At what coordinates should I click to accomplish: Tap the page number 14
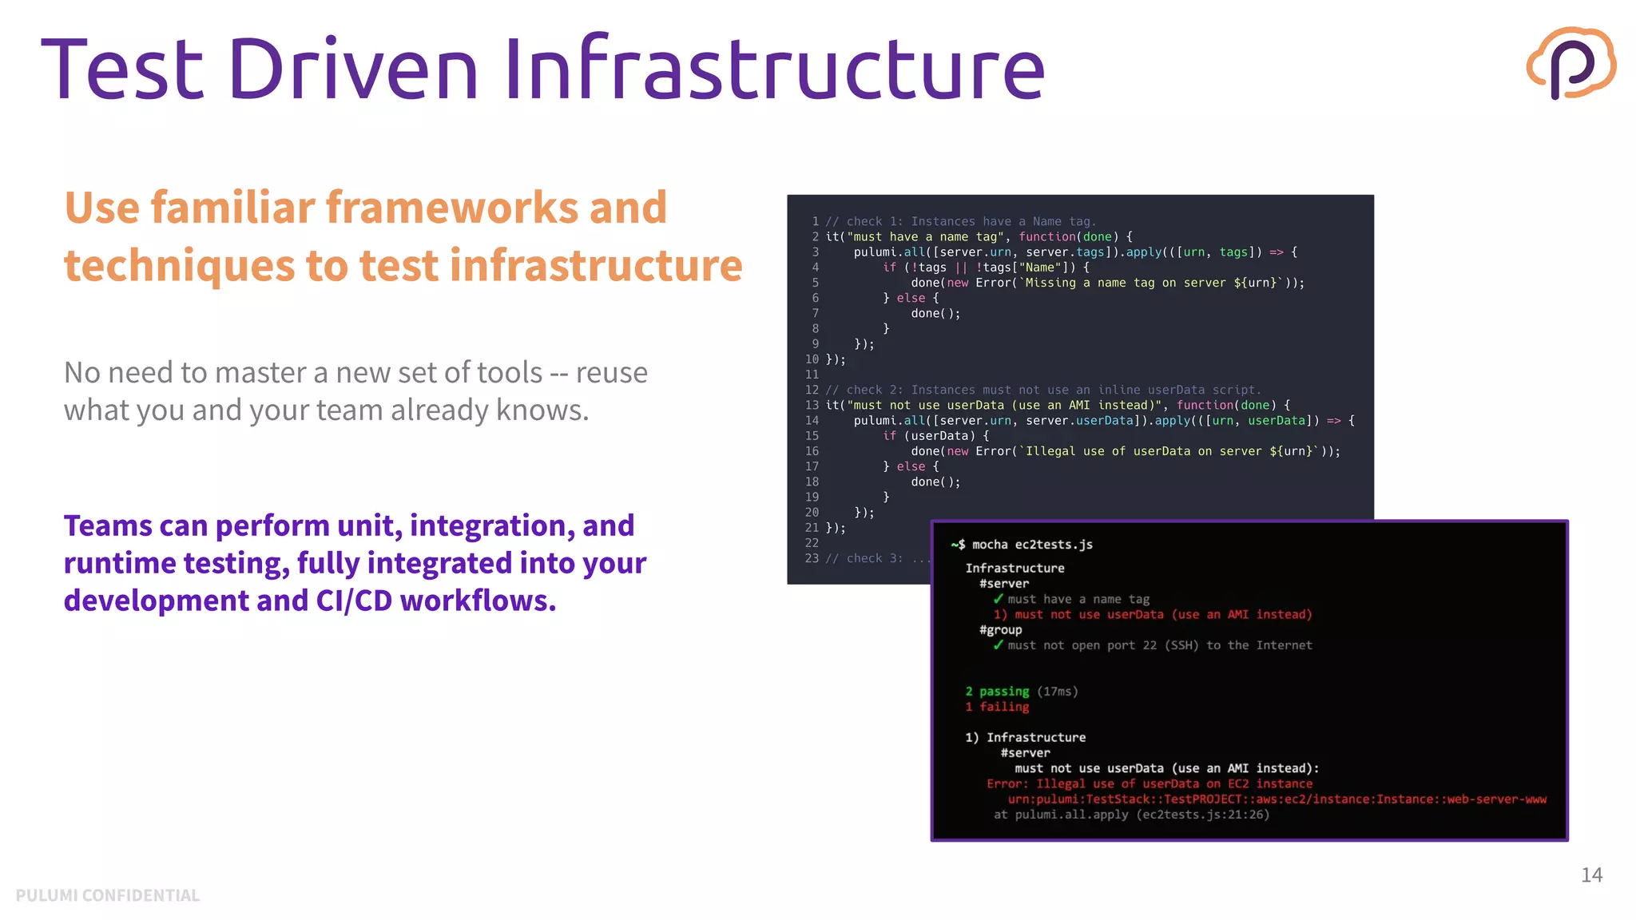1591,875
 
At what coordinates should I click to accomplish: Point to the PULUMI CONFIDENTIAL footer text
108,895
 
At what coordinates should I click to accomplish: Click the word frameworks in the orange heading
453,208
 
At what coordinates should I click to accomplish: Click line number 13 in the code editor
812,405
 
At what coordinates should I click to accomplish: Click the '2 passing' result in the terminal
997,692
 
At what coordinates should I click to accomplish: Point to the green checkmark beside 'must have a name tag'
999,599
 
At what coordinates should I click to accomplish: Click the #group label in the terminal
1001,630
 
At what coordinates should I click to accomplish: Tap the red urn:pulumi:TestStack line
1277,799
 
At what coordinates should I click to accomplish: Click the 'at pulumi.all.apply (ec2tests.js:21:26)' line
1131,815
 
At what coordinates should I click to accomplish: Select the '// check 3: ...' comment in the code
877,558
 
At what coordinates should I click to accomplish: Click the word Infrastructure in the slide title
774,69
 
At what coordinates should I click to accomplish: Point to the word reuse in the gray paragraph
611,373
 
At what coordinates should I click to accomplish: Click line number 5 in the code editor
815,283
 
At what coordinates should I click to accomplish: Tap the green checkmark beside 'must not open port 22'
999,645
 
